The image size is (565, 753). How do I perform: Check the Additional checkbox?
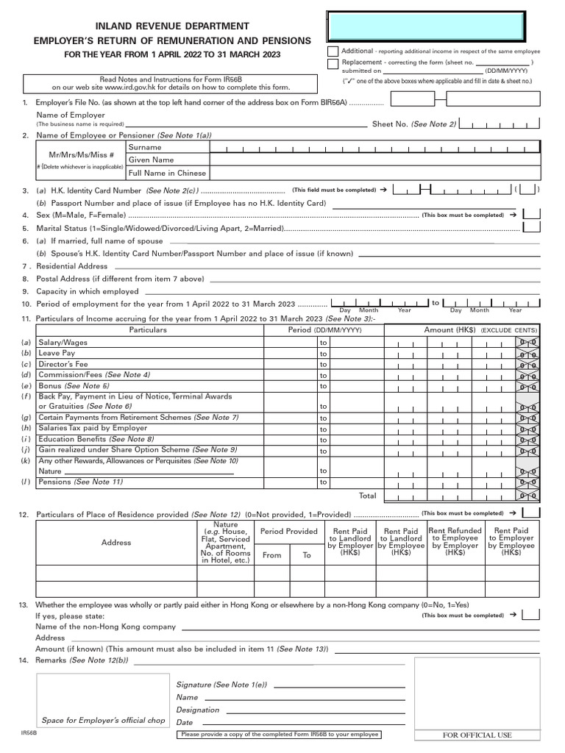333,51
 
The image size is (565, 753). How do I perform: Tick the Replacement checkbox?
333,63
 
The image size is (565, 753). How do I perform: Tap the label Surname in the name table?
145,148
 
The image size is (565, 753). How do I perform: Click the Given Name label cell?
152,160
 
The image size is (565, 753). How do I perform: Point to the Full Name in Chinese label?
167,174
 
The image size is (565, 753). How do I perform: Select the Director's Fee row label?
63,364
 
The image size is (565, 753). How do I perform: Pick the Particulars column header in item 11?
148,330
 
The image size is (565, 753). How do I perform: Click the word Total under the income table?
367,496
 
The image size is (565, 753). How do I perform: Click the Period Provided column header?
288,532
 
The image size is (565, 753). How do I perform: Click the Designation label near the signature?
197,710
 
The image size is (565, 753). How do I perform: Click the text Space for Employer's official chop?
103,721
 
